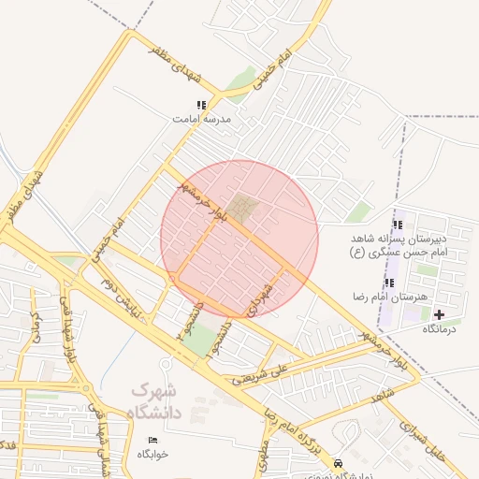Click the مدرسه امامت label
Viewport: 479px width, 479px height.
coord(200,120)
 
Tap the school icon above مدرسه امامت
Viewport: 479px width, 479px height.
coord(200,106)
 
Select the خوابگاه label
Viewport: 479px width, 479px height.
coord(152,454)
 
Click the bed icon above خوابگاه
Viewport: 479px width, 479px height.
coord(152,440)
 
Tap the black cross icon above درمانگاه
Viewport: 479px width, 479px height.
coord(439,314)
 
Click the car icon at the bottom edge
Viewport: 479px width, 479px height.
coord(338,463)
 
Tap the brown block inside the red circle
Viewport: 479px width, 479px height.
coord(243,208)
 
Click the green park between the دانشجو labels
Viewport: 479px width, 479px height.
coord(198,339)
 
